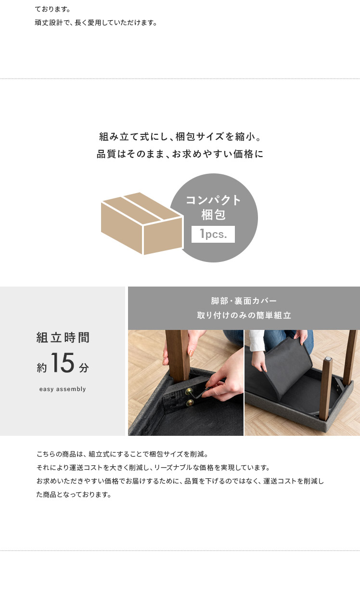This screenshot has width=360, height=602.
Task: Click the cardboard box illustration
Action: pyautogui.click(x=142, y=223)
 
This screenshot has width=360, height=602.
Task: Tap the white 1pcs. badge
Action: pyautogui.click(x=213, y=234)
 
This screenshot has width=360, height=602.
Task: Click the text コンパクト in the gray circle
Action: pyautogui.click(x=213, y=200)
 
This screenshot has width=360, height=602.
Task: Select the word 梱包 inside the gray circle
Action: pyautogui.click(x=213, y=215)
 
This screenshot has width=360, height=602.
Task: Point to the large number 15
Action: pyautogui.click(x=63, y=363)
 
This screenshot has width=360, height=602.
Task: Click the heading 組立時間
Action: pyautogui.click(x=63, y=338)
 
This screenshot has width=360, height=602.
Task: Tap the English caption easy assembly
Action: pyautogui.click(x=63, y=389)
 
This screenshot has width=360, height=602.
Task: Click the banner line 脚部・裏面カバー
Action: pyautogui.click(x=244, y=301)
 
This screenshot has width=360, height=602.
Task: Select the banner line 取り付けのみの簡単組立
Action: pyautogui.click(x=244, y=315)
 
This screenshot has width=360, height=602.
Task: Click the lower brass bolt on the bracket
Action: pyautogui.click(x=190, y=403)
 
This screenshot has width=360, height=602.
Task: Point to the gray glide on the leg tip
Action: pyautogui.click(x=328, y=359)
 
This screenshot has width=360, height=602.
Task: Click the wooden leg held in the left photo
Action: pyautogui.click(x=178, y=355)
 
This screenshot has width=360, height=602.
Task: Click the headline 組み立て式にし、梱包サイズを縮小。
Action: pyautogui.click(x=180, y=137)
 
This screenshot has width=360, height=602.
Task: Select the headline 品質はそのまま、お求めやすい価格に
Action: pyautogui.click(x=180, y=154)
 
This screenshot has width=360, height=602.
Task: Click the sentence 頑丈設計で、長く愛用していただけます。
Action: pyautogui.click(x=96, y=23)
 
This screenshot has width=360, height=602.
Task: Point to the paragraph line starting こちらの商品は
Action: pyautogui.click(x=122, y=454)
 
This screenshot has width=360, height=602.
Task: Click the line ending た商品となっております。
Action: pyautogui.click(x=74, y=495)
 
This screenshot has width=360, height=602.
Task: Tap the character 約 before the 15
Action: pyautogui.click(x=42, y=367)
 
